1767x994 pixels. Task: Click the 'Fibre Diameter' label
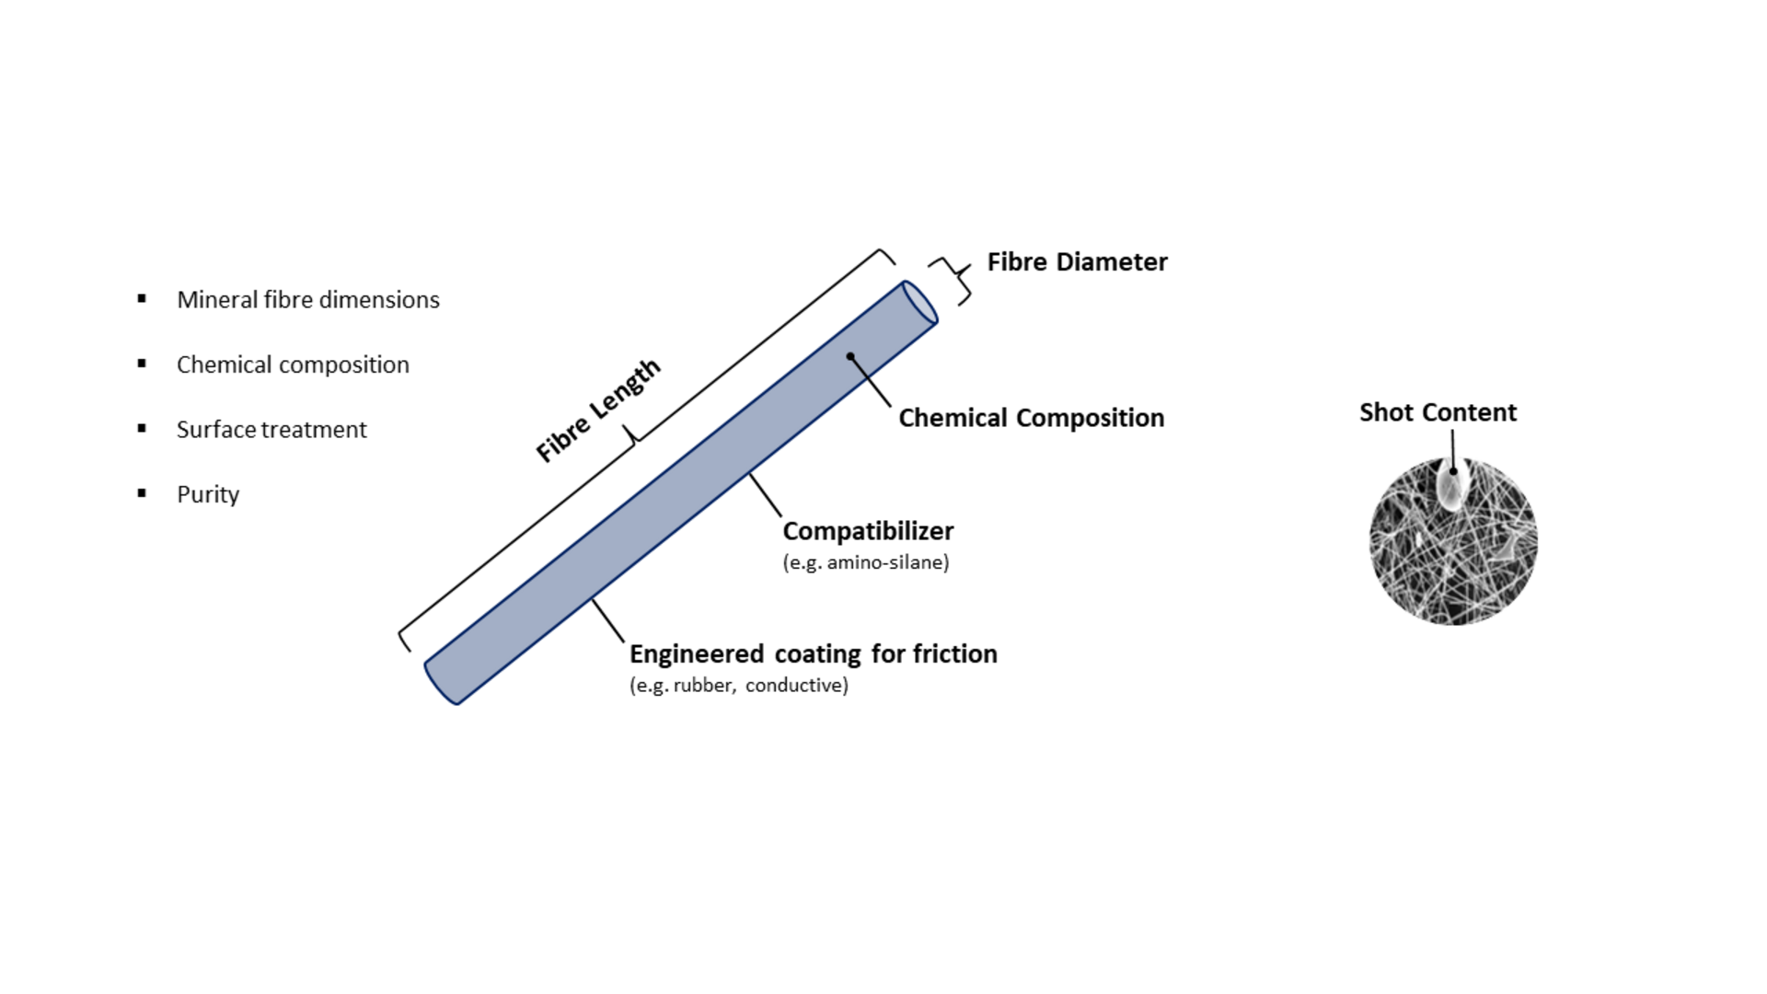(x=1077, y=262)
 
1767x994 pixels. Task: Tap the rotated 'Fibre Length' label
(x=598, y=410)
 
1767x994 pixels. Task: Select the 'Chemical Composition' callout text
(x=1031, y=418)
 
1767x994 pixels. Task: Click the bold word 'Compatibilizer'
(x=868, y=531)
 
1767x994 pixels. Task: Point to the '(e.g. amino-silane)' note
(x=865, y=562)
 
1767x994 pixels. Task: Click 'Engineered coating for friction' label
(x=813, y=654)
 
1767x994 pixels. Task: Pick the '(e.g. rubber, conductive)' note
(x=738, y=686)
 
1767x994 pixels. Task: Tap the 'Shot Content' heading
(x=1438, y=412)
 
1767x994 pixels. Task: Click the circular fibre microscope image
(x=1454, y=552)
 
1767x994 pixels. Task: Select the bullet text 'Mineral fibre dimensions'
(x=307, y=300)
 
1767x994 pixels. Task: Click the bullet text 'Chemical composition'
(x=293, y=365)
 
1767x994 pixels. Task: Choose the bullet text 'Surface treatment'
(x=271, y=430)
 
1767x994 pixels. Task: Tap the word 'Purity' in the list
(x=208, y=495)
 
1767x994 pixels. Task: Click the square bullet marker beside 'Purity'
(x=142, y=493)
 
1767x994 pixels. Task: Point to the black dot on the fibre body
(x=850, y=356)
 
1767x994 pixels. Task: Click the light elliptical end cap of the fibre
(x=919, y=302)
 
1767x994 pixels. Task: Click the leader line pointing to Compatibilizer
(x=765, y=494)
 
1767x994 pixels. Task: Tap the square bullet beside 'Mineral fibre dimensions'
(x=142, y=298)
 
